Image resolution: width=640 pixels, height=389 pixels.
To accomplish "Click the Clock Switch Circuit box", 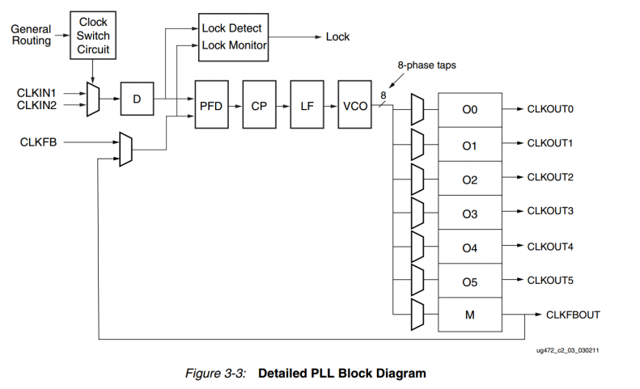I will tap(93, 36).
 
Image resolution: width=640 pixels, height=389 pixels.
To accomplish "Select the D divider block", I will tap(137, 99).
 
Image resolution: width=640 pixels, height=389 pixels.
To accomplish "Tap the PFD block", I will tap(211, 106).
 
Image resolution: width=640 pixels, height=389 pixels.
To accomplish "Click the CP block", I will tap(259, 106).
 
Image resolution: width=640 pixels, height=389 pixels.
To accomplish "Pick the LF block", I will tap(307, 106).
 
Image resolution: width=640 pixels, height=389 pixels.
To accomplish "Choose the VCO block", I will tap(354, 106).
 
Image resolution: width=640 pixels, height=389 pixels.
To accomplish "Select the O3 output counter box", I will tap(469, 213).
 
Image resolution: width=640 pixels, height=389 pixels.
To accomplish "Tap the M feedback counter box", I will tap(469, 315).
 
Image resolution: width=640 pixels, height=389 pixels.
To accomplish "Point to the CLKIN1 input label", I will tap(36, 92).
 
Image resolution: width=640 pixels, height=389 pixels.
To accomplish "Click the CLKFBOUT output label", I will tap(573, 315).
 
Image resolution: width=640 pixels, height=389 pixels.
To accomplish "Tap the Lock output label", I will tap(337, 37).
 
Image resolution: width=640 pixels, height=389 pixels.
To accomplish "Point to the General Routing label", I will tap(31, 35).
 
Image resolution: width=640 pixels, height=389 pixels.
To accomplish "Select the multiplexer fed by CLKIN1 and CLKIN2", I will tap(92, 99).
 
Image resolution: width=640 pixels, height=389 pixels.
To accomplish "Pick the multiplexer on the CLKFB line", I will tap(125, 149).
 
